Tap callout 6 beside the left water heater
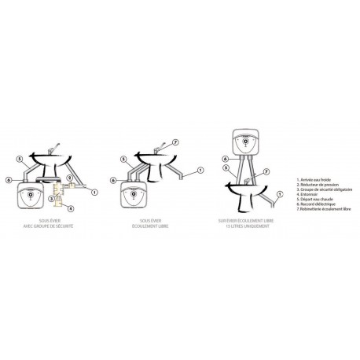9,181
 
